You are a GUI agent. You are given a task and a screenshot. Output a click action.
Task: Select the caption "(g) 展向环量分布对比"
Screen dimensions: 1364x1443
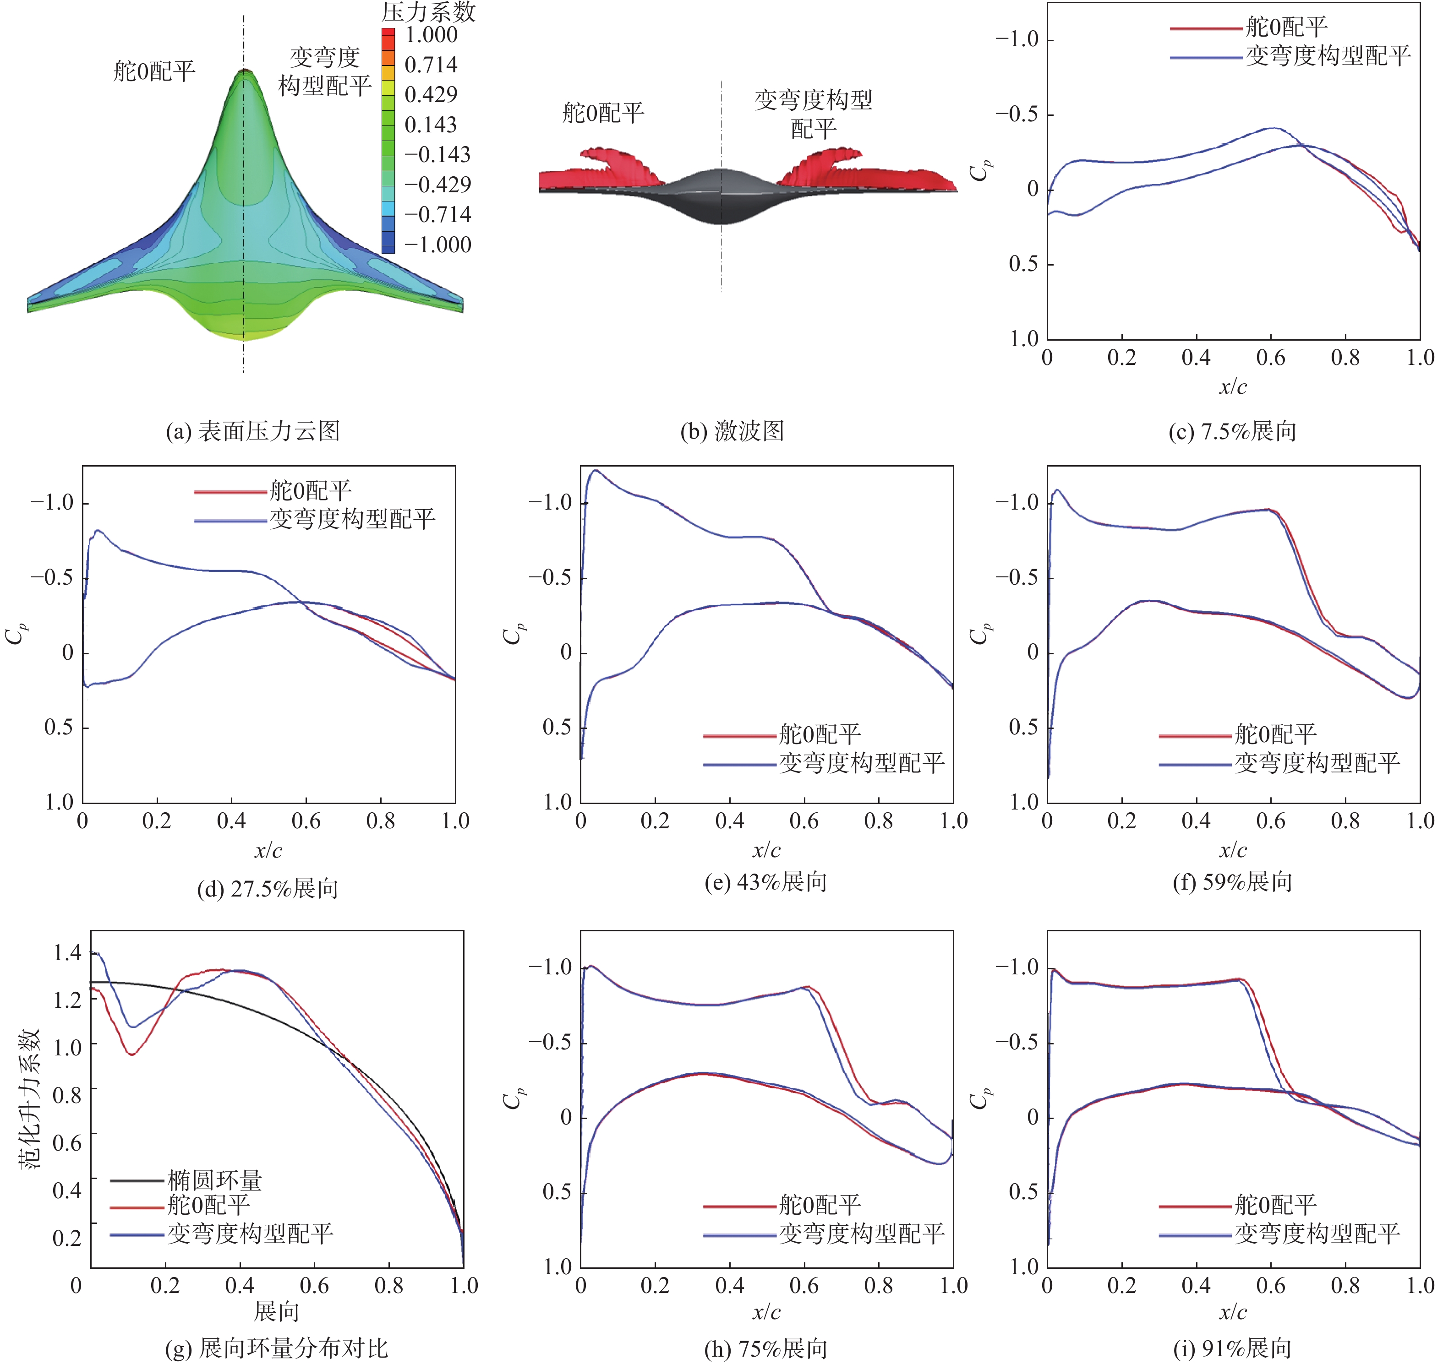pos(276,1349)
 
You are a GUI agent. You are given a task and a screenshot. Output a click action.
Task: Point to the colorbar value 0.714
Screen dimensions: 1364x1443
pos(431,65)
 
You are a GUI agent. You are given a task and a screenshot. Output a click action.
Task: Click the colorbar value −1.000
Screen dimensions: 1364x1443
pos(437,245)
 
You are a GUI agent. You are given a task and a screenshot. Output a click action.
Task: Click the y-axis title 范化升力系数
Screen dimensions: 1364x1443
pos(29,1098)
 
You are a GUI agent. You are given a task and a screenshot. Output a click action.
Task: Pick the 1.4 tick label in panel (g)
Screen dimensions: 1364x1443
pos(67,952)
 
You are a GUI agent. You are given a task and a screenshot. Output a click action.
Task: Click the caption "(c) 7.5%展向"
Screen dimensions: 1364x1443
pos(1233,431)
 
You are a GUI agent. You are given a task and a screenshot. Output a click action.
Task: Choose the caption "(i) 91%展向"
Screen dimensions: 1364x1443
pos(1233,1349)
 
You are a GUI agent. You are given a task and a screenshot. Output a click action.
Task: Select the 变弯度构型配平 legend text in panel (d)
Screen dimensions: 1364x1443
pos(352,519)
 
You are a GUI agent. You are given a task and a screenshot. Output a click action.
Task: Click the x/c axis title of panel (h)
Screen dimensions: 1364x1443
pos(766,1312)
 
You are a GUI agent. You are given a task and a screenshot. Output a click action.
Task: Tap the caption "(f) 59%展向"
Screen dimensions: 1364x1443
pos(1233,882)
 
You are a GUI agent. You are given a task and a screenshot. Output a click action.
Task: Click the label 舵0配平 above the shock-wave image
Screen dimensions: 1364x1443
pos(603,113)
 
